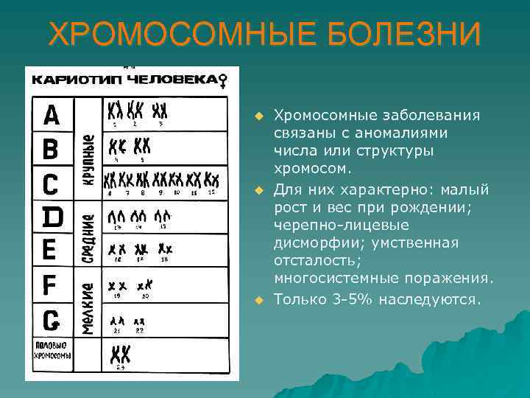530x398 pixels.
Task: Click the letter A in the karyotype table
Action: tap(52, 116)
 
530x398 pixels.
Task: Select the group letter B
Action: tap(50, 149)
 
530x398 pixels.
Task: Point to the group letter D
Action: tap(51, 217)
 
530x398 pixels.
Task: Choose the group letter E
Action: tap(49, 249)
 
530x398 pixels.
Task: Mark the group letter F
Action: tap(50, 284)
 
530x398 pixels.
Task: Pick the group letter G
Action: tap(51, 319)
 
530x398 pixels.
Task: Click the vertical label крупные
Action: tap(88, 158)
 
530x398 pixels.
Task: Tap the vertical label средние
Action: tap(88, 238)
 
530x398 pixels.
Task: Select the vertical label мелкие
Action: tap(88, 309)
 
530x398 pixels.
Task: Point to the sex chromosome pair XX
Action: tap(120, 354)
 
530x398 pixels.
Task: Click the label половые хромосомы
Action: tap(52, 350)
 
